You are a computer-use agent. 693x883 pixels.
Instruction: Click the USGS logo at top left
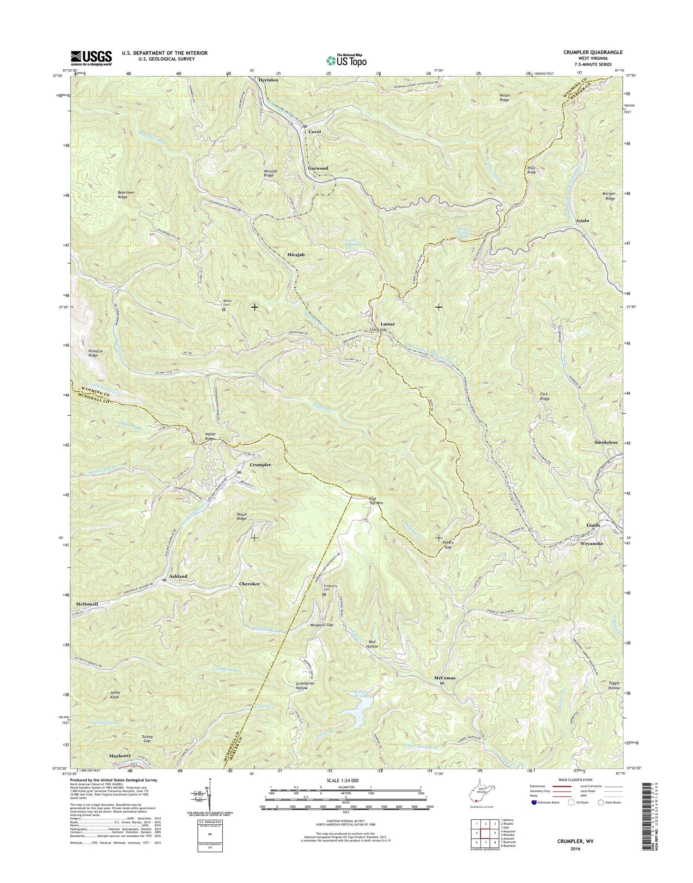(91, 58)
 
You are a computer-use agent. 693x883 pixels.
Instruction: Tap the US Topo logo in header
(346, 60)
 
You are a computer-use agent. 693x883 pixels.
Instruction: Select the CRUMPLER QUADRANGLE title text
(593, 53)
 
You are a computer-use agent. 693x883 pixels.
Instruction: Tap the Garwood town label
(318, 168)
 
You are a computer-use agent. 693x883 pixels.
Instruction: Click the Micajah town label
(295, 255)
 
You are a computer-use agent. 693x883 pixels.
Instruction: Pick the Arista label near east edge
(582, 221)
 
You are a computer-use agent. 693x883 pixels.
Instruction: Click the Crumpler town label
(260, 465)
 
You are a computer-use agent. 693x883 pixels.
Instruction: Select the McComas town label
(444, 678)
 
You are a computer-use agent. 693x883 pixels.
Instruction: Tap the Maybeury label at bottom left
(120, 769)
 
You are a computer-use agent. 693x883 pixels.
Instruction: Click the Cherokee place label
(249, 584)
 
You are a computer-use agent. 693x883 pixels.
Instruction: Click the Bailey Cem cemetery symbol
(223, 310)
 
